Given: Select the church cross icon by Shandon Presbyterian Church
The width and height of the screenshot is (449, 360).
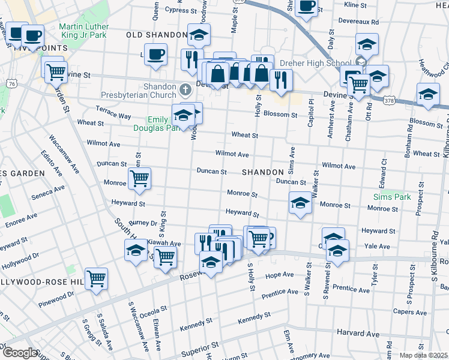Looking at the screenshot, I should point(185,91).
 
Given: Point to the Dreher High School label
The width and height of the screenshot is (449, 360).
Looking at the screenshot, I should point(322,63).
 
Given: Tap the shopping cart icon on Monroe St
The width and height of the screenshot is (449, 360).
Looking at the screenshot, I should point(139,178).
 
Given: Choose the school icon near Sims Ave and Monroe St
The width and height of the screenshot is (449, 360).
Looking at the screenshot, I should point(300,203).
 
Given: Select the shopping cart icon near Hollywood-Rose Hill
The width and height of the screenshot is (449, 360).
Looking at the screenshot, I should point(96,278).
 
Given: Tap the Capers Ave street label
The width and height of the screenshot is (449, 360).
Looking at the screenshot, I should point(410,312).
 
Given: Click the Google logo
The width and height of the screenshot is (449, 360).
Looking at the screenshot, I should point(20,353).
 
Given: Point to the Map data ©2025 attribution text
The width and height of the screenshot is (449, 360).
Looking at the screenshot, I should point(423,355).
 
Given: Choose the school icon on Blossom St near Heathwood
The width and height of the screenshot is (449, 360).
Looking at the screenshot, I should point(428,95).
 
